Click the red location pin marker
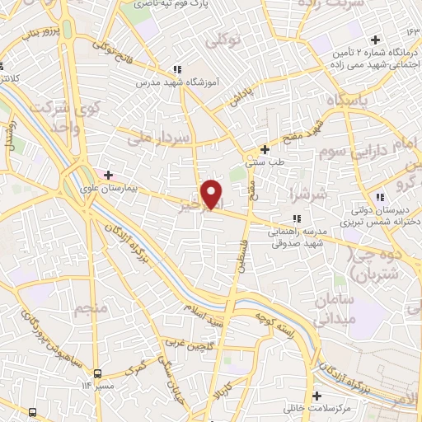tap(213, 194)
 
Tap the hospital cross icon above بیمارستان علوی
tap(107, 175)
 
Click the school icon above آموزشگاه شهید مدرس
tap(176, 70)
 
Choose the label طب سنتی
tap(270, 162)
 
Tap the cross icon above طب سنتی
tap(265, 149)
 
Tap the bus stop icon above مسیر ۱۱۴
tap(98, 372)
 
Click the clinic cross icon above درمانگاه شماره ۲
tap(375, 40)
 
